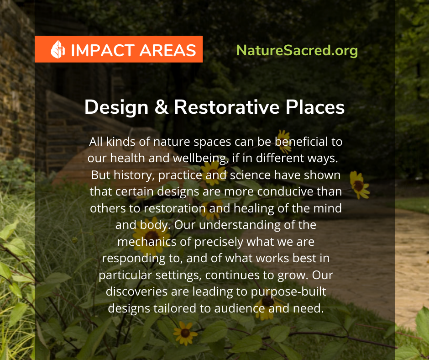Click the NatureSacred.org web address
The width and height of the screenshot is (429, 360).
(297, 51)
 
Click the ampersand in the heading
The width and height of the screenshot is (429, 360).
(157, 107)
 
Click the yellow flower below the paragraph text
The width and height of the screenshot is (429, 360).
(185, 332)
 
